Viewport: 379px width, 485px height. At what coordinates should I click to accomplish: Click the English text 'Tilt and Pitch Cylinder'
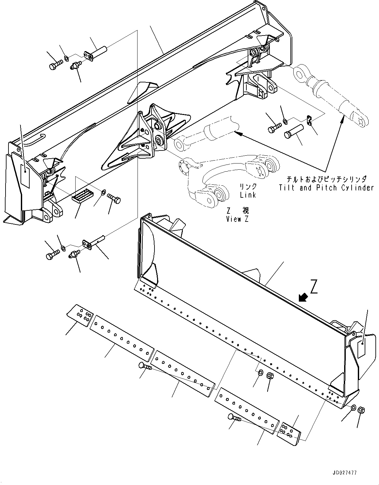[326, 188]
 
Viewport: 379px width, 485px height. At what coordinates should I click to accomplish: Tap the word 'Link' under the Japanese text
[248, 195]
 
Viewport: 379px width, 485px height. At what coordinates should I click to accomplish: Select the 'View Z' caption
[238, 219]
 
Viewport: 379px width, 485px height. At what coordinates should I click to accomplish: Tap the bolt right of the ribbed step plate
[113, 197]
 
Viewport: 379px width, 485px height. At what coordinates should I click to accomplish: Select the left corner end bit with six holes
[80, 315]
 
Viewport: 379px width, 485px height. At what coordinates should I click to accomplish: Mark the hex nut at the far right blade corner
[361, 410]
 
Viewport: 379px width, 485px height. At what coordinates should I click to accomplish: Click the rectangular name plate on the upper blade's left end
[25, 176]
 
